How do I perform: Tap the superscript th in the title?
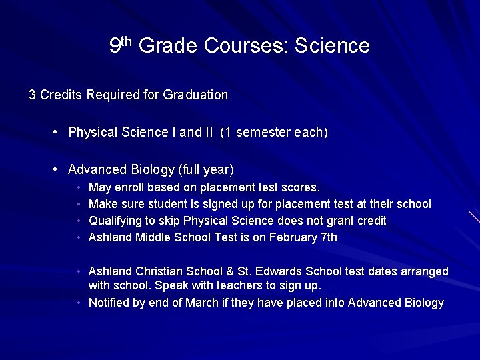coord(127,41)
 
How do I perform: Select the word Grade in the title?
coord(168,46)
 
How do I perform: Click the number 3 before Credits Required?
coord(32,95)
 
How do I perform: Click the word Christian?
coord(160,271)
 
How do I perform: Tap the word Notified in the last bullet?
coord(109,303)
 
